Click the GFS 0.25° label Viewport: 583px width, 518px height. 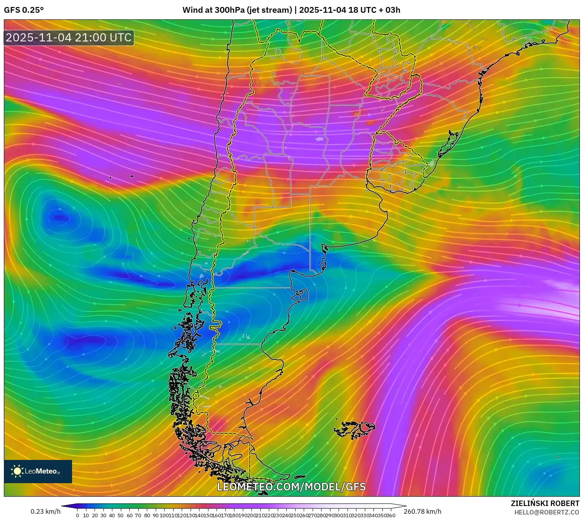click(x=24, y=10)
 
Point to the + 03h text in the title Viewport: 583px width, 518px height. click(x=389, y=10)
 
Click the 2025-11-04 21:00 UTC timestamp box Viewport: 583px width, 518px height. click(x=69, y=38)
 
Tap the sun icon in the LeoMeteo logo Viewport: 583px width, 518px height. click(x=17, y=471)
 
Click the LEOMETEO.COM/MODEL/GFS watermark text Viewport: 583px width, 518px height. click(x=291, y=487)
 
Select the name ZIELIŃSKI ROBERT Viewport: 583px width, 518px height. click(x=545, y=503)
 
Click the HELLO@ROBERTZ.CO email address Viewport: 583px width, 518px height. click(x=547, y=512)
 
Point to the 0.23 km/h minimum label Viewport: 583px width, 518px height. click(x=46, y=511)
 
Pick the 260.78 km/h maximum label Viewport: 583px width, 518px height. click(x=422, y=511)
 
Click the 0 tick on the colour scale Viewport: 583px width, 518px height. click(x=77, y=515)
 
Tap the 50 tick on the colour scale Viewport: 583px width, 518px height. click(x=120, y=515)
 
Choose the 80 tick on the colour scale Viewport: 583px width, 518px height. click(x=147, y=515)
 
